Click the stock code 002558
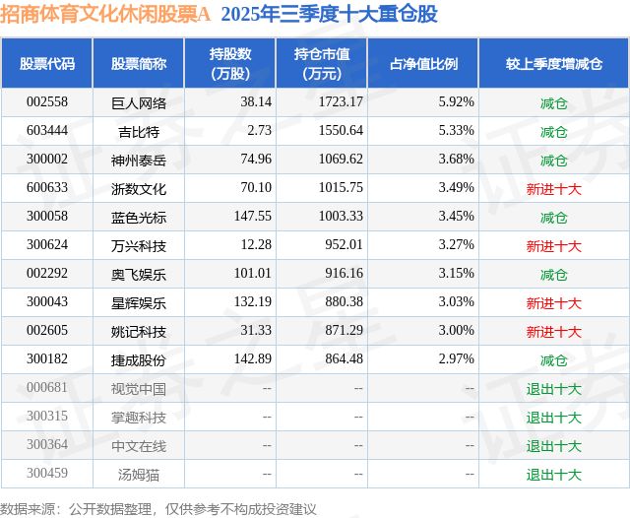47,101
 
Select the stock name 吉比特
139,131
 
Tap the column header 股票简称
139,63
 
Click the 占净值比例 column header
430,63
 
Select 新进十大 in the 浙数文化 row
553,188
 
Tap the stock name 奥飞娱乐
139,274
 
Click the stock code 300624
47,245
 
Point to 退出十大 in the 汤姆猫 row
553,475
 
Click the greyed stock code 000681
47,388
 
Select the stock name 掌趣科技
139,418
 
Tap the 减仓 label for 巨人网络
553,101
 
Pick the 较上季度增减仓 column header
553,63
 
